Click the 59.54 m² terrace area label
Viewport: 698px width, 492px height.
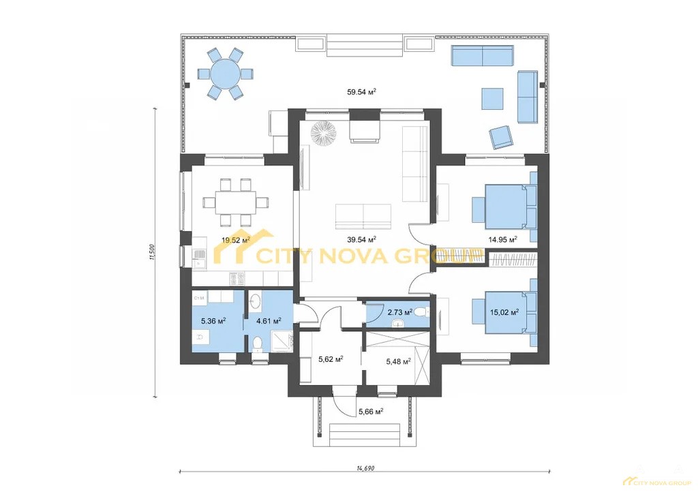click(361, 92)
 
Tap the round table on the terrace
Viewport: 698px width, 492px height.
click(225, 74)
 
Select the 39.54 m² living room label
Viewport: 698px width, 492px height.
click(361, 240)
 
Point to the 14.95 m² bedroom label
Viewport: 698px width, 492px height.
click(502, 240)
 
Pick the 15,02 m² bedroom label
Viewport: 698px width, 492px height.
click(504, 313)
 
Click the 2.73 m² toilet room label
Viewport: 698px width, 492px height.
click(399, 312)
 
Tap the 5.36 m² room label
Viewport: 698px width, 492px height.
click(213, 321)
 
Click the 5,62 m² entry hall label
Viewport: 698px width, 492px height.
click(331, 359)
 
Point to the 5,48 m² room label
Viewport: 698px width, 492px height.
click(397, 362)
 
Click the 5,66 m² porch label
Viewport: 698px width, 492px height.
click(371, 412)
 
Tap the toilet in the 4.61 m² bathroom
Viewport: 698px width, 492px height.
click(257, 343)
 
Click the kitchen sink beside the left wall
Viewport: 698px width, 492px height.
click(200, 258)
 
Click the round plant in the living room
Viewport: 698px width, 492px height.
click(322, 133)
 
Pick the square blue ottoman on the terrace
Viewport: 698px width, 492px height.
click(492, 98)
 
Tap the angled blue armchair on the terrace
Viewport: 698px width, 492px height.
click(501, 136)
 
